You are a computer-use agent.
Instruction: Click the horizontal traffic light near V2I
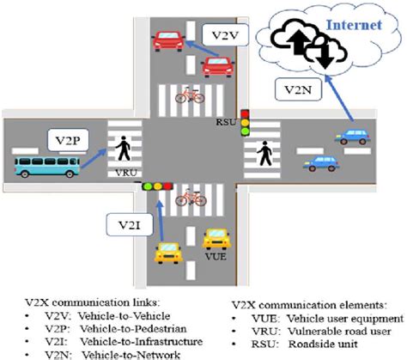pos(158,185)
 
